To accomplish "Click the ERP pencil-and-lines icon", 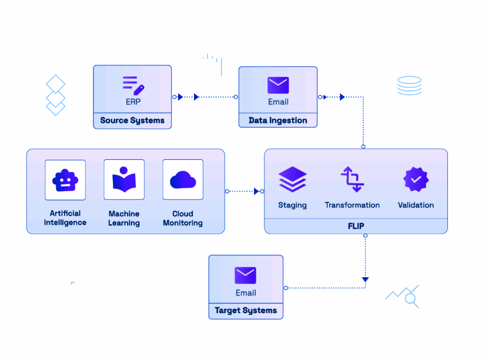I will point(133,85).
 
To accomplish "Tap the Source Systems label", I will point(132,121).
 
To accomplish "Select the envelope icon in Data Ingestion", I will point(278,86).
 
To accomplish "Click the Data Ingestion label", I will point(278,121).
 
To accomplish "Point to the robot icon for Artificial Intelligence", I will point(65,180).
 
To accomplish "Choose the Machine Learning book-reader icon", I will point(124,180).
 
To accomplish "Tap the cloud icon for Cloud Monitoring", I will point(183,180).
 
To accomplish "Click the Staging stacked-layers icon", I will point(292,179).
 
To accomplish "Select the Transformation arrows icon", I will point(352,179).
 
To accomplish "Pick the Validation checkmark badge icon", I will point(416,179).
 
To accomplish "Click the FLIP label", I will point(356,226).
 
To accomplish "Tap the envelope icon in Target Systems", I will point(246,275).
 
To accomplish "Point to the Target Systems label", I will point(246,311).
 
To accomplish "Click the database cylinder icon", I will point(409,86).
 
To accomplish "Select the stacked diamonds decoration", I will point(55,95).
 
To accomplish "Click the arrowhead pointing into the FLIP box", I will point(257,191).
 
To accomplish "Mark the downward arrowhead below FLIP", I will point(365,280).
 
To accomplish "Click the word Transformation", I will point(352,206).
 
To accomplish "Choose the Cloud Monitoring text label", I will point(183,218).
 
